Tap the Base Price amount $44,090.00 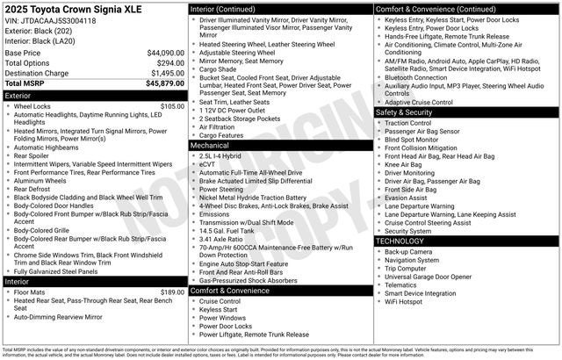pos(165,53)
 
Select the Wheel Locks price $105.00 pos(172,106)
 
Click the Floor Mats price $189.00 pos(172,292)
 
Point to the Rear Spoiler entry pos(35,156)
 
